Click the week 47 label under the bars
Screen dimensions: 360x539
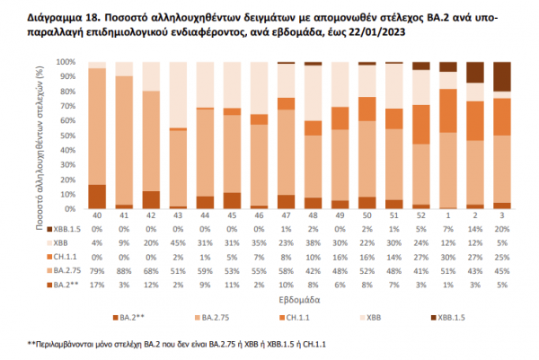pyautogui.click(x=287, y=216)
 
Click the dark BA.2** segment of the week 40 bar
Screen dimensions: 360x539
pyautogui.click(x=97, y=196)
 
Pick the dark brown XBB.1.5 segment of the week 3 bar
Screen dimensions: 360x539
pyautogui.click(x=503, y=76)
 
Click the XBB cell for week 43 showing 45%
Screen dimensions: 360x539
pyautogui.click(x=179, y=241)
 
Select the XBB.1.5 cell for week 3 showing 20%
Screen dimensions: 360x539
pyautogui.click(x=503, y=229)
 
